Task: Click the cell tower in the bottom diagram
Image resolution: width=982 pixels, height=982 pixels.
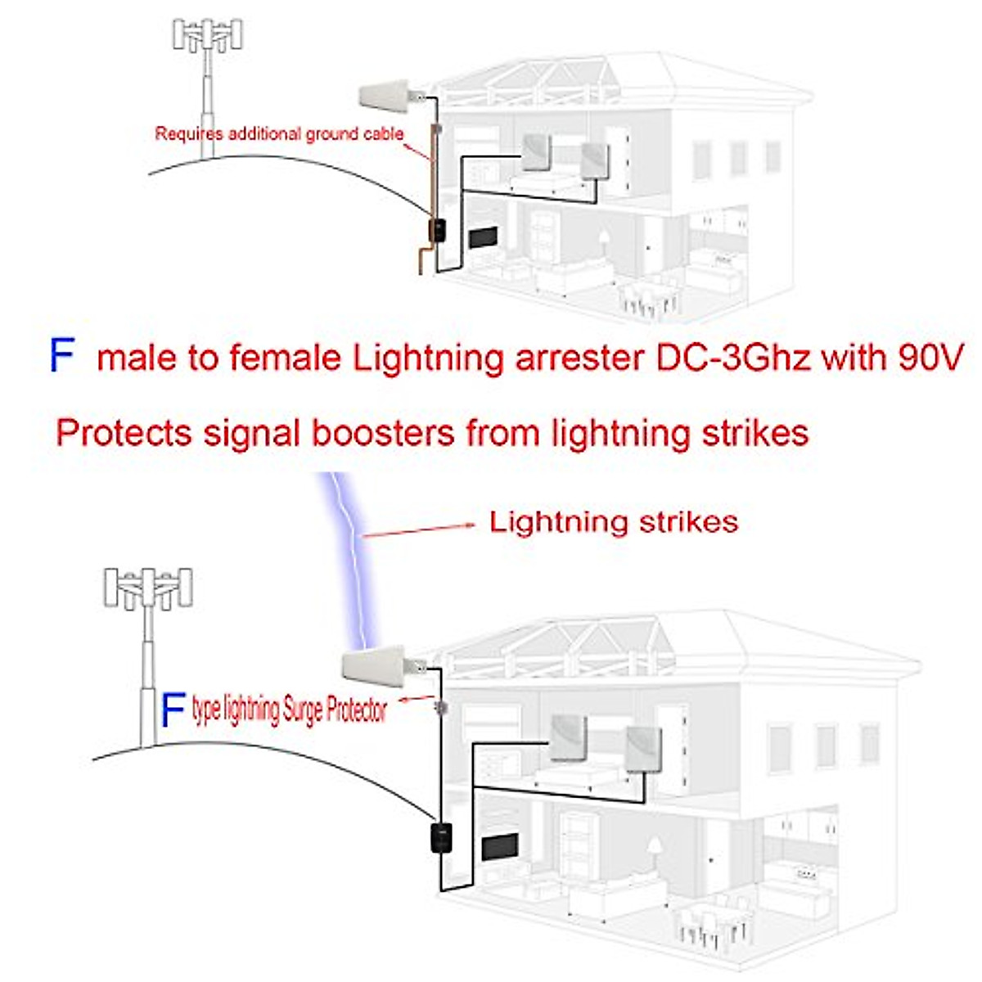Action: click(149, 646)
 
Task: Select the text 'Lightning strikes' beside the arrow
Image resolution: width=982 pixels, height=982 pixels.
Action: click(613, 522)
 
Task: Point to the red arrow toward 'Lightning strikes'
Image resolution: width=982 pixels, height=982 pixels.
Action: click(420, 529)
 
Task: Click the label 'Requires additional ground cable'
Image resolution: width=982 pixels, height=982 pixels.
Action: click(279, 133)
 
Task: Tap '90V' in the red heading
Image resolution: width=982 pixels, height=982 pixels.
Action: click(929, 358)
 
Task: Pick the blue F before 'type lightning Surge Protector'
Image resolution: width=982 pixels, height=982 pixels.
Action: click(173, 709)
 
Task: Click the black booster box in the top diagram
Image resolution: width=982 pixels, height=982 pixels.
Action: click(438, 230)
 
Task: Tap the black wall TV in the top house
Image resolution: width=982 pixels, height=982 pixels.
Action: click(483, 237)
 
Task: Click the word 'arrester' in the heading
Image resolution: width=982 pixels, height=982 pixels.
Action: click(578, 358)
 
